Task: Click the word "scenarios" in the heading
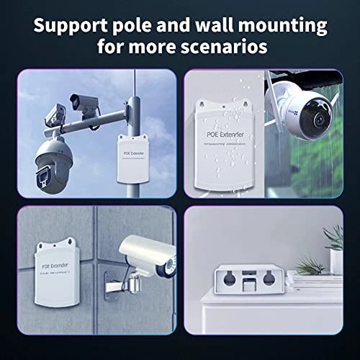230,48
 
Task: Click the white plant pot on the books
335,258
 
